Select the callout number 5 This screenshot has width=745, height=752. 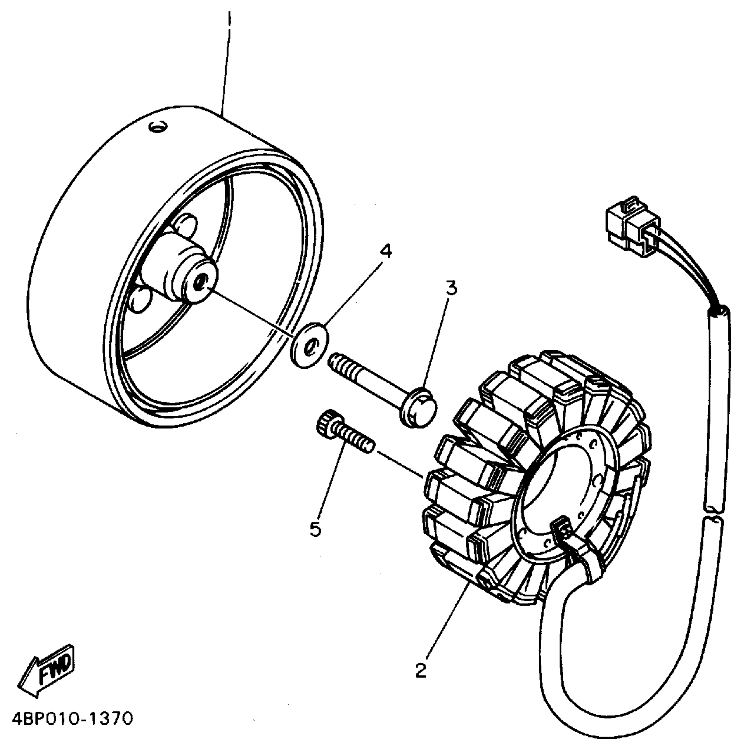[316, 530]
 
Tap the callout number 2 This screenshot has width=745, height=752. [420, 670]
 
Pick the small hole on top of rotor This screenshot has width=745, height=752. [157, 127]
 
